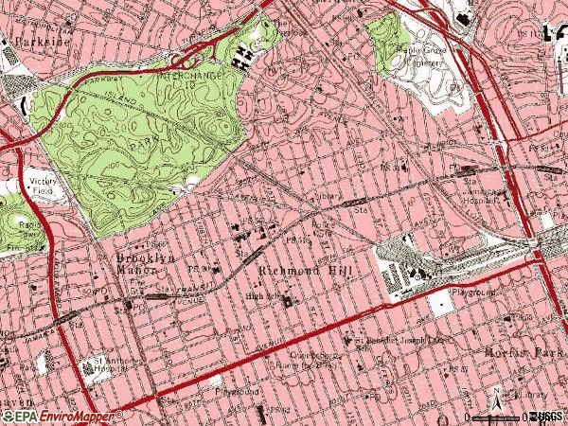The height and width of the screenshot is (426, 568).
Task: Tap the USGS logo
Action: pyautogui.click(x=548, y=417)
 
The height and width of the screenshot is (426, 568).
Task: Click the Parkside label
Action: pyautogui.click(x=27, y=42)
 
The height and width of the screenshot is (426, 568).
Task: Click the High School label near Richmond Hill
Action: pyautogui.click(x=263, y=295)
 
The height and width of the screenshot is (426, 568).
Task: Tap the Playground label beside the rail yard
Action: pyautogui.click(x=472, y=293)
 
